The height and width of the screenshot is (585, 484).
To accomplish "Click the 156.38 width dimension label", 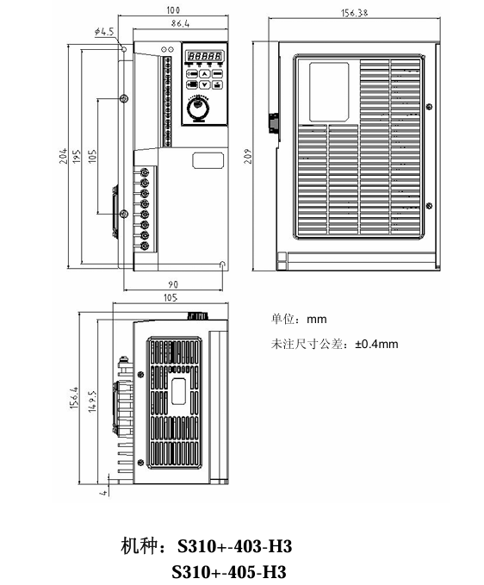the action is pyautogui.click(x=354, y=13).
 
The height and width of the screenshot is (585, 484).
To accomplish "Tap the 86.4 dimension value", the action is pyautogui.click(x=181, y=23).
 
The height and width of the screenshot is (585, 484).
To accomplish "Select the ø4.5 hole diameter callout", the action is pyautogui.click(x=104, y=32).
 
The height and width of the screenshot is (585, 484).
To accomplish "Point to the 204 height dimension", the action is pyautogui.click(x=64, y=156).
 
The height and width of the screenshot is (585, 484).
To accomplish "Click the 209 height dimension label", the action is pyautogui.click(x=248, y=156).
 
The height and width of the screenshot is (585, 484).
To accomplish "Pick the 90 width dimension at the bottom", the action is pyautogui.click(x=173, y=284).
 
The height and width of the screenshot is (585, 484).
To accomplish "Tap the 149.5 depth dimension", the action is pyautogui.click(x=92, y=401).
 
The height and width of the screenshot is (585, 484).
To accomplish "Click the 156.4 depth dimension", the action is pyautogui.click(x=74, y=397).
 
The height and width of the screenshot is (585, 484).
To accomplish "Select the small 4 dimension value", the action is pyautogui.click(x=104, y=493).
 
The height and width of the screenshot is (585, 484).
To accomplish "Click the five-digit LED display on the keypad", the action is pyautogui.click(x=205, y=56).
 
